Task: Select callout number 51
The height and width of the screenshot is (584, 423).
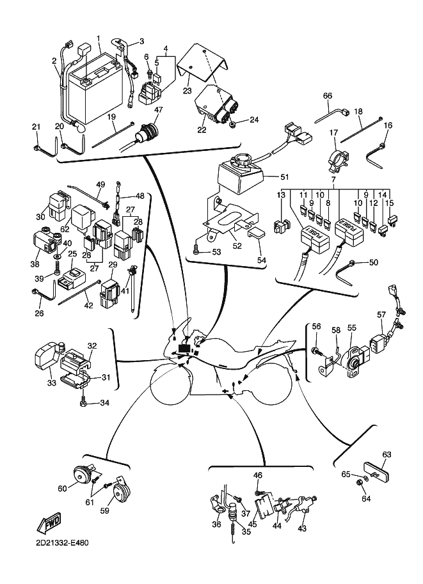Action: point(285,177)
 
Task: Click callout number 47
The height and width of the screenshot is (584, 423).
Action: point(158,110)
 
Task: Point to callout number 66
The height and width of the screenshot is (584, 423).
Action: point(327,96)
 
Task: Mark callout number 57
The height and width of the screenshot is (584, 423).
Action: point(381,314)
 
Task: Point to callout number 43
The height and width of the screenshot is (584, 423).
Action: point(302,528)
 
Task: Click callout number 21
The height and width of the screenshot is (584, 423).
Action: point(36,127)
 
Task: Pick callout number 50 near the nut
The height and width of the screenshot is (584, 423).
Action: point(374,263)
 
